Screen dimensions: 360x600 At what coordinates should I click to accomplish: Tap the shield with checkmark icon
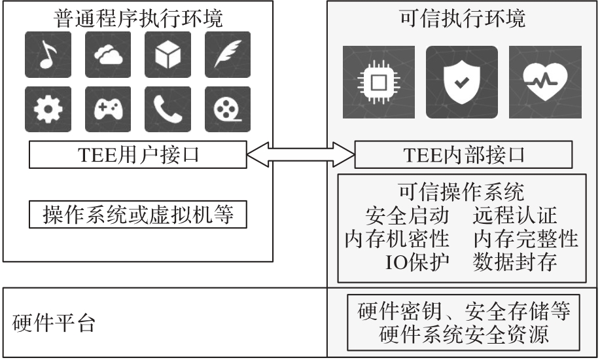tap(461, 81)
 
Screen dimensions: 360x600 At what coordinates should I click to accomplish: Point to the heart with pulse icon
tap(546, 81)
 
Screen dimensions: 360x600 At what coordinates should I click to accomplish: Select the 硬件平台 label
tap(54, 322)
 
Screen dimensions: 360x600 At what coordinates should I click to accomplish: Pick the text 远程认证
tap(514, 216)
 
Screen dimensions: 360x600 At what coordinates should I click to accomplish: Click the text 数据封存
tap(514, 262)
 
